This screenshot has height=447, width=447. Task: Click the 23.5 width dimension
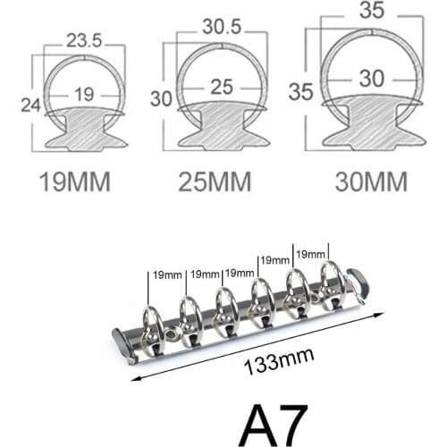82,39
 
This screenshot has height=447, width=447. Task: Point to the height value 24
31,104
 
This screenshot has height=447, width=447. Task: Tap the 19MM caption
76,181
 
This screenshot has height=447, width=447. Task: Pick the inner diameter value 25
221,88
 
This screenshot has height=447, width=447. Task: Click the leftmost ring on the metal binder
151,322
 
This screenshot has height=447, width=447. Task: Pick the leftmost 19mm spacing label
167,274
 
